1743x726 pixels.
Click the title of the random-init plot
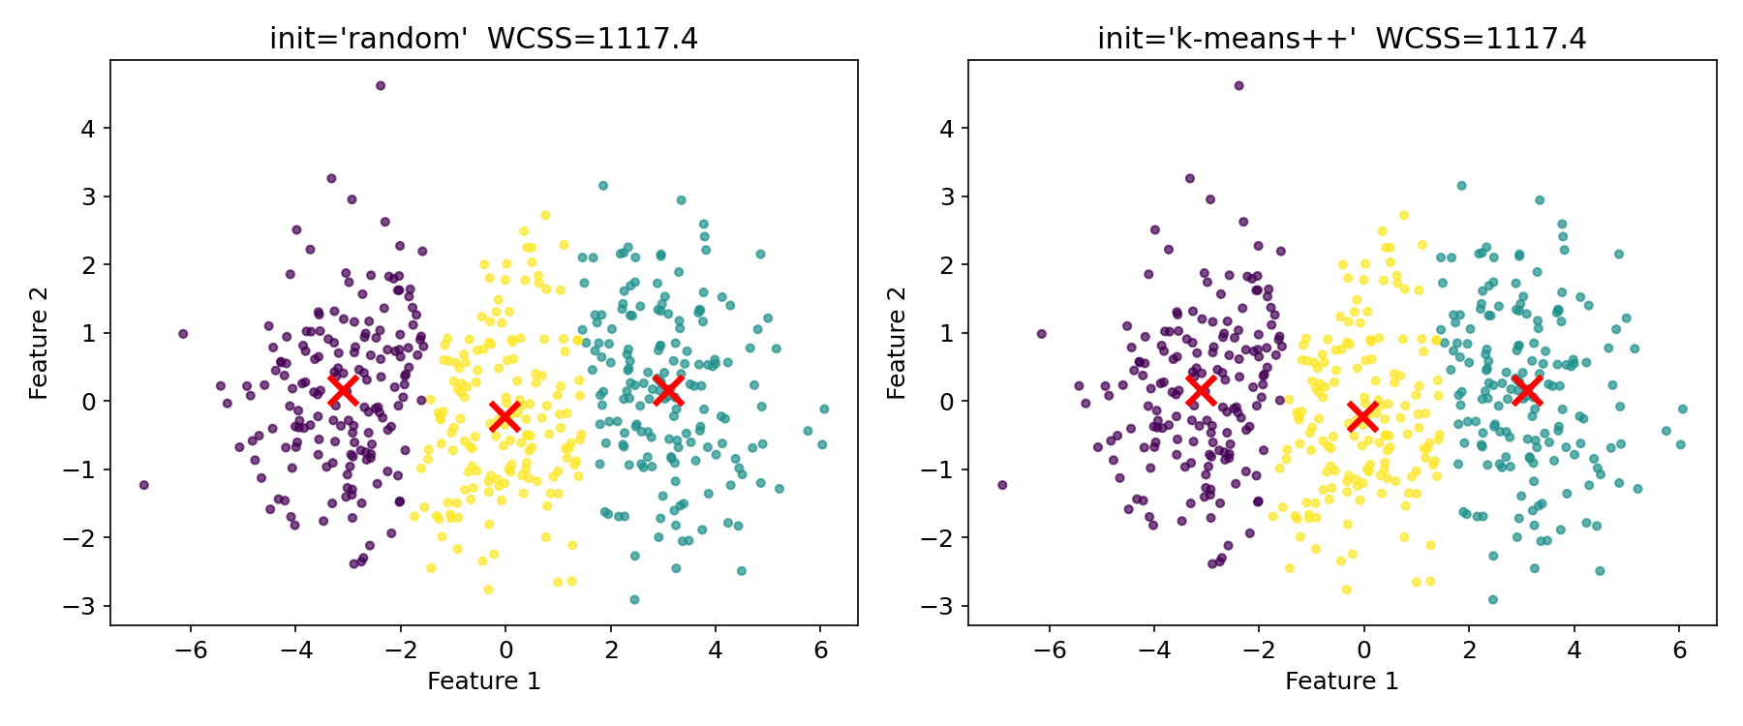483,38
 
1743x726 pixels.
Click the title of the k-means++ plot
1341,38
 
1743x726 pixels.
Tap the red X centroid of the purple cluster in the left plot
342,390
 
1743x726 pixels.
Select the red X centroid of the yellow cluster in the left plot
504,416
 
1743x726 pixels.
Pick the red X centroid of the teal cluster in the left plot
667,390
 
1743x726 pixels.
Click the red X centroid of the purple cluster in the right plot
1201,390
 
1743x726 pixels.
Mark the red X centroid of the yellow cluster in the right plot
1362,416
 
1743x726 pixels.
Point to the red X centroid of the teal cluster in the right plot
1526,390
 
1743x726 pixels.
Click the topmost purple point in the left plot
381,85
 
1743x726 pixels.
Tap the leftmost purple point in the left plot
143,485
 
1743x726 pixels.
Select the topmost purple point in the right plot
1238,85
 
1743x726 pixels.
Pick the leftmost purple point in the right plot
1002,485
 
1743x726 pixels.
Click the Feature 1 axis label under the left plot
483,681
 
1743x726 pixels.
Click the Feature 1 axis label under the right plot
1341,681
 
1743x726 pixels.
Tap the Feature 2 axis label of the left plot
39,343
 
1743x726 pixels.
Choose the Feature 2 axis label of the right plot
897,343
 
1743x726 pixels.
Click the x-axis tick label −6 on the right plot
1050,650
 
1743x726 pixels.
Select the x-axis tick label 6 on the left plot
820,650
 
